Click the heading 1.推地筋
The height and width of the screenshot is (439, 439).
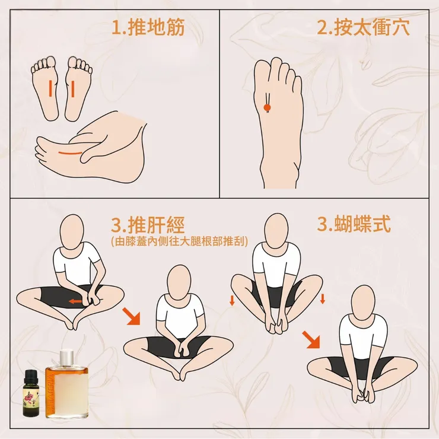(x=148, y=28)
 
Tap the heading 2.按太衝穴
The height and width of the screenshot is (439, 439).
(x=363, y=28)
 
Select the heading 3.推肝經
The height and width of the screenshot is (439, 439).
(x=148, y=225)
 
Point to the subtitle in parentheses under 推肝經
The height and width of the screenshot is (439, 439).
(x=179, y=240)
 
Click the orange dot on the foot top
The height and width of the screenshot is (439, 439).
(x=267, y=107)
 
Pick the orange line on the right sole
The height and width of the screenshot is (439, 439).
(x=72, y=89)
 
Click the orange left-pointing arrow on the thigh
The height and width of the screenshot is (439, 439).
(x=75, y=301)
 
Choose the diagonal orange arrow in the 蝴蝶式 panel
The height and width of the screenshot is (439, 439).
(x=311, y=339)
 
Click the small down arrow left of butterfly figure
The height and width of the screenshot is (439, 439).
(x=232, y=301)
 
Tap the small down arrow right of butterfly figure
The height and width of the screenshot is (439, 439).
(x=322, y=298)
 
